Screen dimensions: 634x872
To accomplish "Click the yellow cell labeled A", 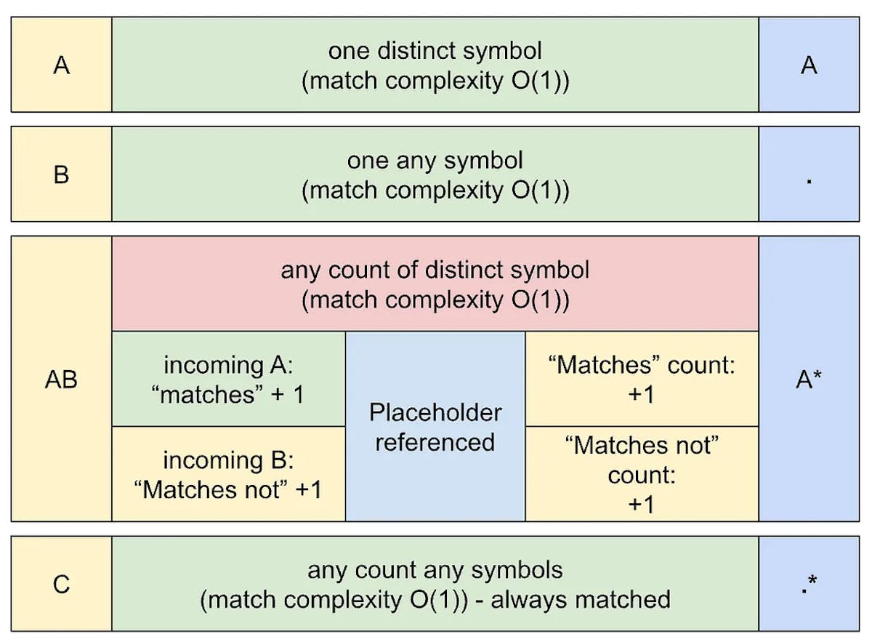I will [x=62, y=65].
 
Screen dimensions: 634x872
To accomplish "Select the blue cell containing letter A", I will [x=809, y=65].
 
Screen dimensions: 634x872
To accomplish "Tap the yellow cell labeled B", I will [x=62, y=174].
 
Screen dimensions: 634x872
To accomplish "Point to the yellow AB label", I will [x=62, y=379].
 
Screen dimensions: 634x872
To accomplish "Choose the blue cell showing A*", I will [x=809, y=379].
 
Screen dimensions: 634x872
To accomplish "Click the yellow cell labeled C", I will [x=62, y=584].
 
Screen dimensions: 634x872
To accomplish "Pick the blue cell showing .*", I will [x=809, y=584].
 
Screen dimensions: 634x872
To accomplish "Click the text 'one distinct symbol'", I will [x=435, y=51].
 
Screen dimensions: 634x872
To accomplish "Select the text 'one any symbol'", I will [x=435, y=160].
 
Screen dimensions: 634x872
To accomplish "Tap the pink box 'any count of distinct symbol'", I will [x=435, y=284].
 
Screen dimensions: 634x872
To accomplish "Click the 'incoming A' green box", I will [x=228, y=379].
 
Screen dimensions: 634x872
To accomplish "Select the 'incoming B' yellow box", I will [x=228, y=474].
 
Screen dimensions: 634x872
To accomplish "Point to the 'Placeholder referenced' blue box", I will [x=435, y=427].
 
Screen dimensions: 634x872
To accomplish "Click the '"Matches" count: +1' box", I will [x=642, y=379].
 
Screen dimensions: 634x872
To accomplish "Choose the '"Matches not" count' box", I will [x=642, y=474].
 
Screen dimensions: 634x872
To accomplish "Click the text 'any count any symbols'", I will [x=435, y=569].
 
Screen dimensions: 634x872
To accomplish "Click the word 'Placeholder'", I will [x=435, y=412].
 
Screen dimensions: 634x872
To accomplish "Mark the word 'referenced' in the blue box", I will [x=435, y=442].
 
